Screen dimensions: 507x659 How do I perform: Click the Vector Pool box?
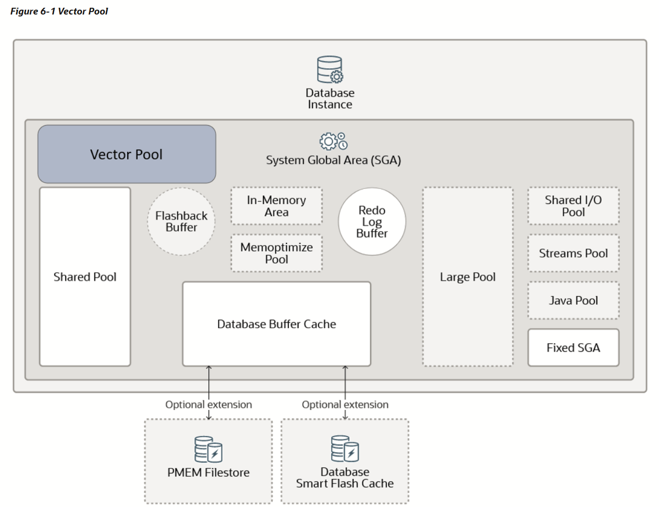click(127, 154)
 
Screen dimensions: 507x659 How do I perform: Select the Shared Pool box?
click(85, 276)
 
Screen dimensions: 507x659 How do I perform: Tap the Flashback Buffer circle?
click(181, 221)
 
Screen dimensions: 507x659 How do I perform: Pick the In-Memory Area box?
click(276, 206)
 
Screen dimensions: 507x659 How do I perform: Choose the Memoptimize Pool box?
click(276, 253)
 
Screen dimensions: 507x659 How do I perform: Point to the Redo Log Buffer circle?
click(372, 221)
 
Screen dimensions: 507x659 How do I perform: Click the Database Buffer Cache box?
click(276, 324)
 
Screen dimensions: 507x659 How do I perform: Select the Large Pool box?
click(468, 276)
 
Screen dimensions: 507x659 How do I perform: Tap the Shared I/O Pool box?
click(573, 206)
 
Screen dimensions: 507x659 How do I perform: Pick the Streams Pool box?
click(573, 253)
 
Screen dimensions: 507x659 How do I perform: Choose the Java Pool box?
click(573, 301)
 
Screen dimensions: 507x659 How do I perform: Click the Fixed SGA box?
click(573, 348)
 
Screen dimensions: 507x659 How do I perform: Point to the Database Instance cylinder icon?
click(330, 70)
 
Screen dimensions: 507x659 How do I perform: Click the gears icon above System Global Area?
click(333, 141)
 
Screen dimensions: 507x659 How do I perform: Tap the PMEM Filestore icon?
click(208, 449)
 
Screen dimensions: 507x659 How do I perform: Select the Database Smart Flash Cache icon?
click(345, 449)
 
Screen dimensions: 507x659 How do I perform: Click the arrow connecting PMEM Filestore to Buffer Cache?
click(209, 387)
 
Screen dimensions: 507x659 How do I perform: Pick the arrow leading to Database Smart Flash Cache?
click(345, 387)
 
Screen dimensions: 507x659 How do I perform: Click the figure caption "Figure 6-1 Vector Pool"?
click(59, 11)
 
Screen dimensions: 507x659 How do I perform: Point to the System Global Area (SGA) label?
click(333, 160)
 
